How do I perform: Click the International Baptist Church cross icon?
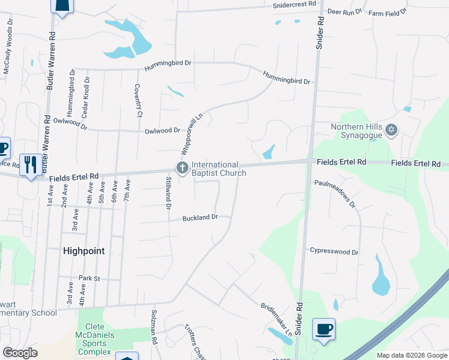pos(182,167)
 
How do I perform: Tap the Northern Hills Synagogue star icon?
pos(391,130)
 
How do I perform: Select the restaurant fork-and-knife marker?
pos(31,164)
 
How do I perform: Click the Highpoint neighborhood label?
pos(84,251)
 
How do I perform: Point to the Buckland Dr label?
pos(200,218)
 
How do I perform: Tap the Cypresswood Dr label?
pos(334,252)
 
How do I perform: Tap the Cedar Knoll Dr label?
pos(87,96)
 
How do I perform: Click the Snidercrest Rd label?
pos(295,4)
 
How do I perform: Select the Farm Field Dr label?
pos(388,12)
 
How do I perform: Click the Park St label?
pos(88,278)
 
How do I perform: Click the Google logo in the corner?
pos(20,353)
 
